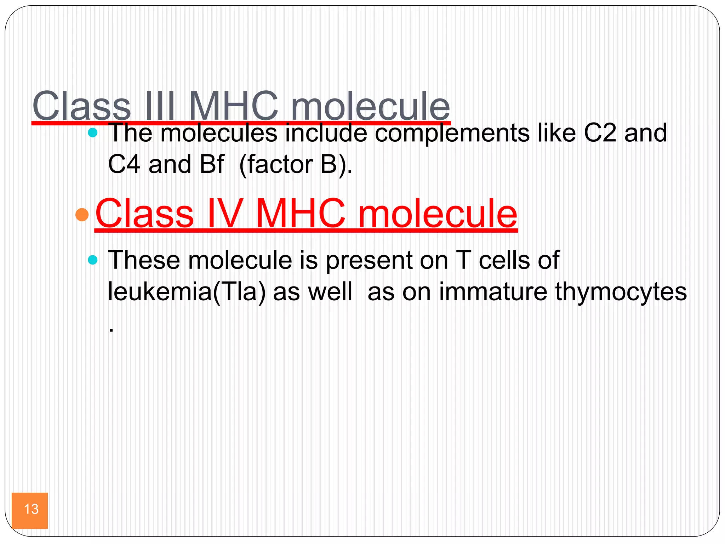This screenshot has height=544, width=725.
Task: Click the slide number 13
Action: click(31, 509)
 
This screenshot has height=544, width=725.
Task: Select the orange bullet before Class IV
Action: click(82, 215)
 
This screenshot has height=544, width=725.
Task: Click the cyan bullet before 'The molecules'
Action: click(92, 133)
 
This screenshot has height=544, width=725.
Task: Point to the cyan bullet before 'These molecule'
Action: click(92, 260)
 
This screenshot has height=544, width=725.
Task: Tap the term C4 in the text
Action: click(124, 164)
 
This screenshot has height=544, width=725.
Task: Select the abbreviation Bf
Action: click(212, 164)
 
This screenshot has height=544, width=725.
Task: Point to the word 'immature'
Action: click(493, 292)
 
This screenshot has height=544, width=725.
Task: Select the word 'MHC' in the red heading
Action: click(300, 214)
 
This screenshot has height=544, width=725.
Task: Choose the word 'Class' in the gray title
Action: click(82, 106)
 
